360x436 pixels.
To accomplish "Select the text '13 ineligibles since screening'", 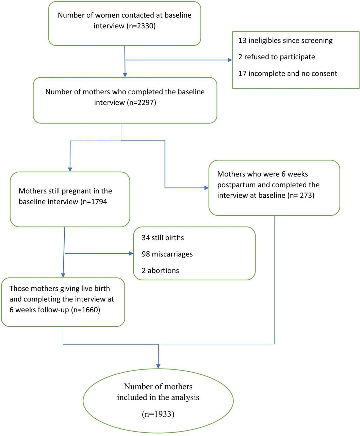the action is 285,40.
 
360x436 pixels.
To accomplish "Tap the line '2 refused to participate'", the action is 277,57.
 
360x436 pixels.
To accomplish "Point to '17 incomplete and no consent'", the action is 288,74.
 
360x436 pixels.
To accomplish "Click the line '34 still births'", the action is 163,238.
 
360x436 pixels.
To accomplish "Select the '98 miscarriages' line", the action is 167,254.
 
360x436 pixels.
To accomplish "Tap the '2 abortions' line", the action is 160,270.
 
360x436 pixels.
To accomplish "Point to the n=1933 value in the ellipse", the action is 158,414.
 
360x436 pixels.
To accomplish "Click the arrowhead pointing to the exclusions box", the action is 230,60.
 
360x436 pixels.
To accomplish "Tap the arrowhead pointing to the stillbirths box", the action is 131,253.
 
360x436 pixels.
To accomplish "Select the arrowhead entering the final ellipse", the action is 158,366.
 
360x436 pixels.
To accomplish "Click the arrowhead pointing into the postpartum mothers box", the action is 207,188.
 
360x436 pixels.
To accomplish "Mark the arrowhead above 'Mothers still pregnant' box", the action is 70,170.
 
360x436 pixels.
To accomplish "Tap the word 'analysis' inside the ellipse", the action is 185,397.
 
